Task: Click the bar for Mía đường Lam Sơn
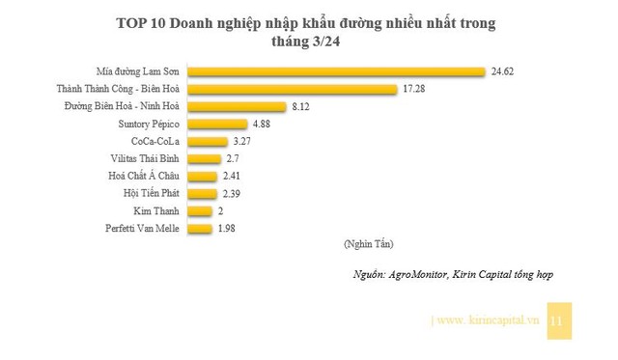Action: (x=335, y=70)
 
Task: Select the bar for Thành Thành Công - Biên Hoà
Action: (x=292, y=89)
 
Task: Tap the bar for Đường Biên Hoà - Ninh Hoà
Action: (x=237, y=106)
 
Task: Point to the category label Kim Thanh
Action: (x=158, y=211)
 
